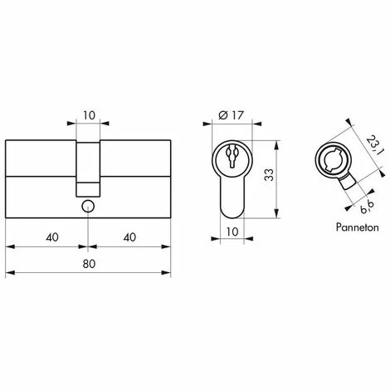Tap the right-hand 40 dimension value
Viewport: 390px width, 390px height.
pyautogui.click(x=128, y=236)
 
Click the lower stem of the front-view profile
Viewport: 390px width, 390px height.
pyautogui.click(x=232, y=199)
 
